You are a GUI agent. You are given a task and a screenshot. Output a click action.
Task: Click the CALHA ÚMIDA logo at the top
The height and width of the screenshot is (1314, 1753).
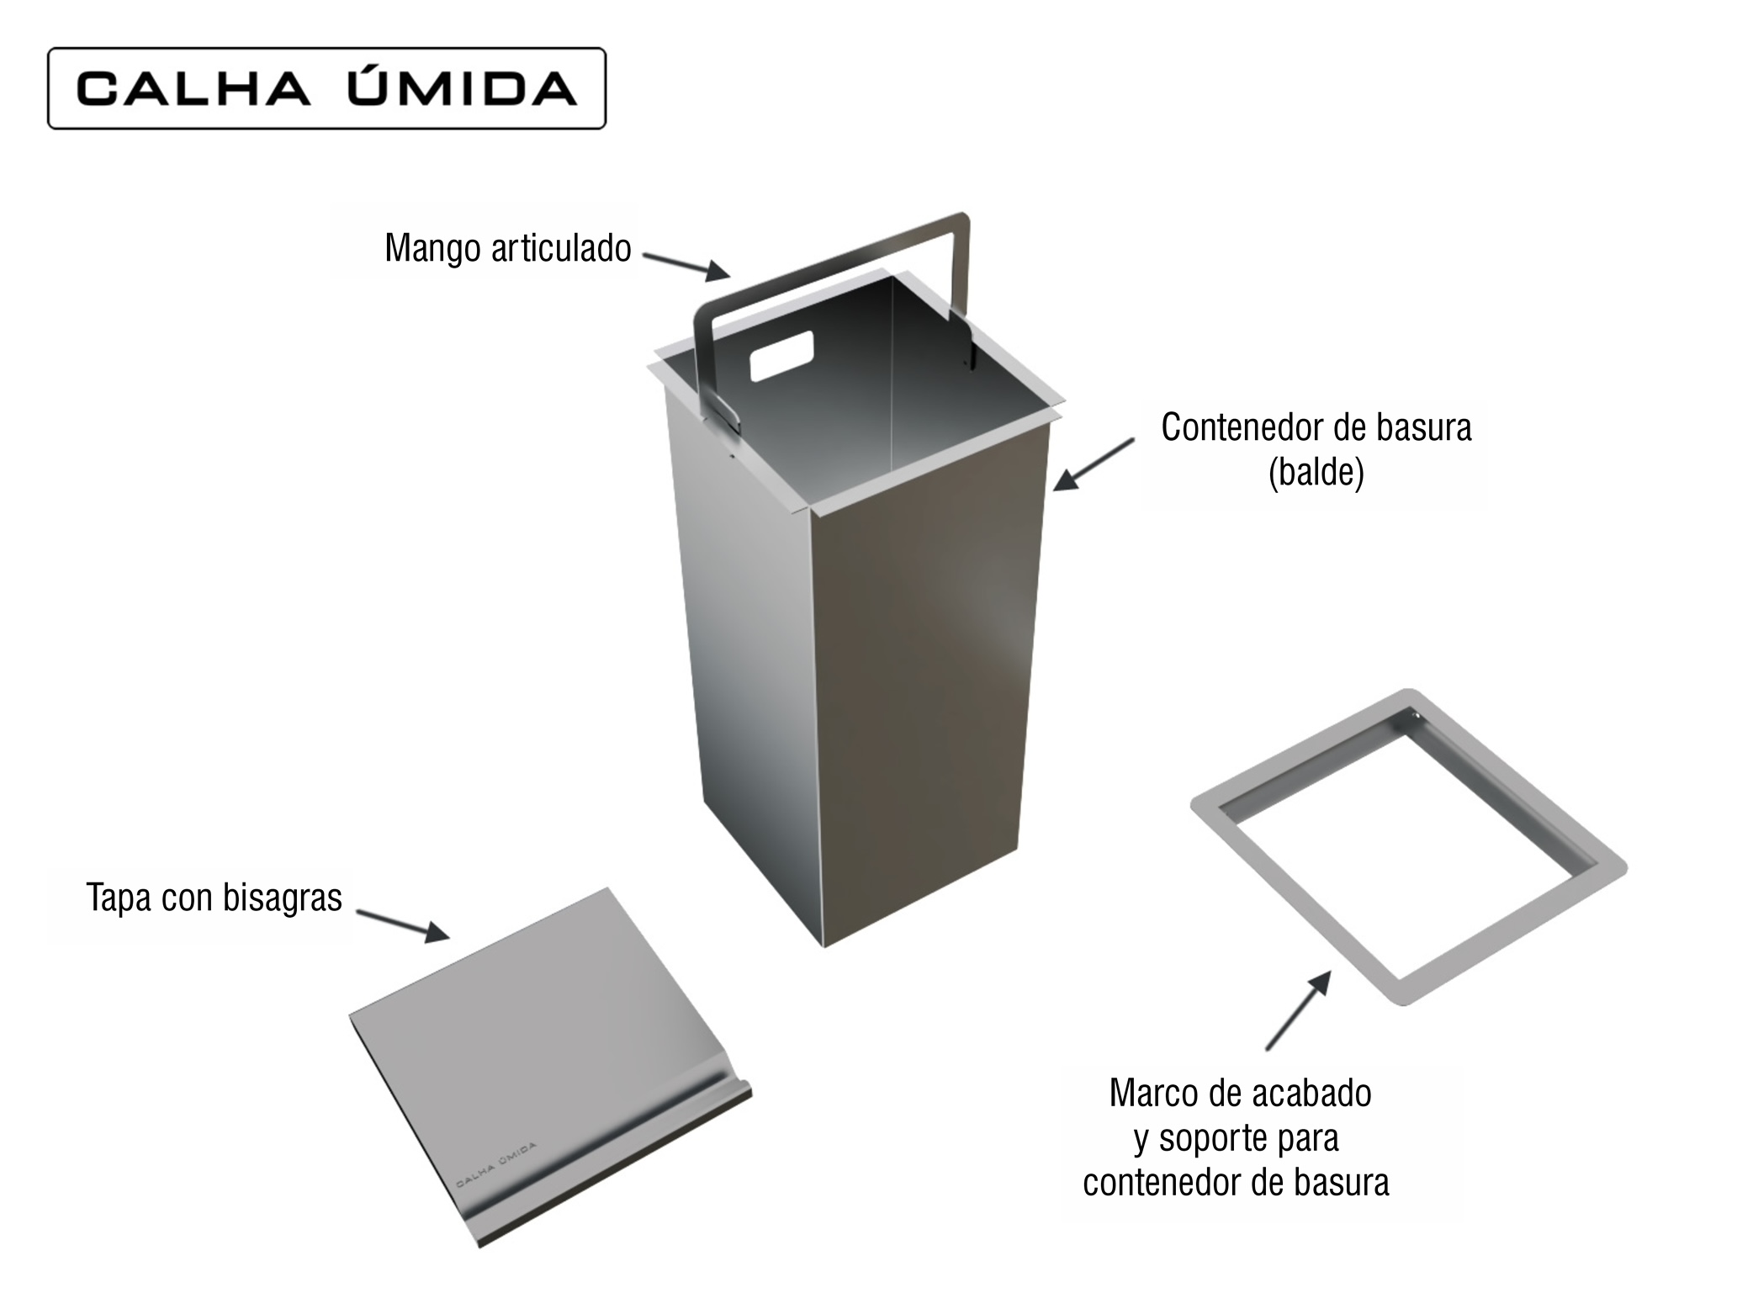(326, 88)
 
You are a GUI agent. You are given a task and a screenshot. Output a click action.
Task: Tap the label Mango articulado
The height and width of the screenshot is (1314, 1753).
(508, 248)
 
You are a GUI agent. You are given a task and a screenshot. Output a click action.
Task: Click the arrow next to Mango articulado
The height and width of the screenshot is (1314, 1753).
(686, 265)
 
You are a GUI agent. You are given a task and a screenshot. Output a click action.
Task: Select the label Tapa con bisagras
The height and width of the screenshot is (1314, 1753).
(214, 898)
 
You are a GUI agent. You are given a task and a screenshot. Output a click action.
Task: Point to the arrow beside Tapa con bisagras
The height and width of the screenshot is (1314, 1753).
(403, 925)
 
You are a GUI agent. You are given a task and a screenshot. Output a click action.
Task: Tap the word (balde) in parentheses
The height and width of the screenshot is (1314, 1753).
(1316, 473)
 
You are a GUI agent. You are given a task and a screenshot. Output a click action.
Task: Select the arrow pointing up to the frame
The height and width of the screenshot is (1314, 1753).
(1298, 1010)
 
